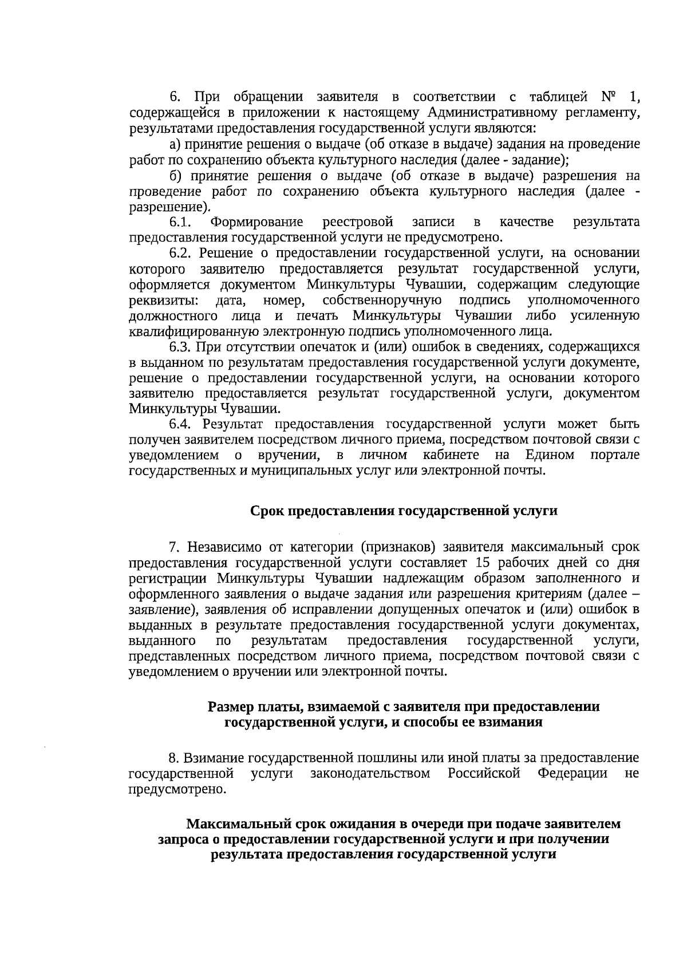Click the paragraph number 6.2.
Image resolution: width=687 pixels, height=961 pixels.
click(181, 253)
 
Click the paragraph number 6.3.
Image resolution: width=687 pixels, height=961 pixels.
click(181, 347)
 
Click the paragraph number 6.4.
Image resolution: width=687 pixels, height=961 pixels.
click(181, 425)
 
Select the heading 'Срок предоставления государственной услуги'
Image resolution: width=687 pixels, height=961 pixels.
click(404, 511)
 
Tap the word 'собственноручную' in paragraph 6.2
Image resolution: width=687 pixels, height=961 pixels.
click(381, 300)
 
